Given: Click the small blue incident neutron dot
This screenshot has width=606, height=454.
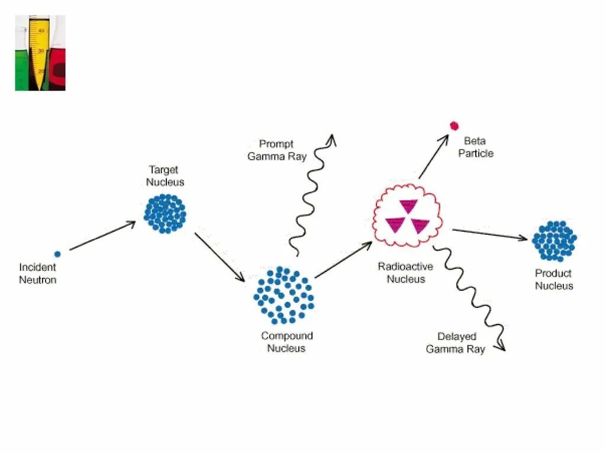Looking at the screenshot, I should pos(57,254).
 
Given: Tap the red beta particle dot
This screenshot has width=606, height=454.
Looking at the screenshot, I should pos(454,125).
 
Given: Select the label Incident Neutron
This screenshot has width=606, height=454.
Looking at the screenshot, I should pos(37,274).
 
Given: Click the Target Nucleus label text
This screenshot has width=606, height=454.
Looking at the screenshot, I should pos(165,176).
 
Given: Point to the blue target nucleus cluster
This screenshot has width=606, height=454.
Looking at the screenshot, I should pos(165,213).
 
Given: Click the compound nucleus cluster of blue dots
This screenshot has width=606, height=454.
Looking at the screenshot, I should pos(284,295).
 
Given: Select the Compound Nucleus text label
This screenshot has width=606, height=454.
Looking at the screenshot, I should pos(287,342).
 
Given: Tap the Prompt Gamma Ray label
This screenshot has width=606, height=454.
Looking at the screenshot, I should pos(276,151).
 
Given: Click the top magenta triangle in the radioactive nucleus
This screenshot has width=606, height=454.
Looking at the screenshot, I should pos(408,206).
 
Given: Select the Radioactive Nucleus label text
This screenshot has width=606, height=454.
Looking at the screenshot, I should pos(405,273).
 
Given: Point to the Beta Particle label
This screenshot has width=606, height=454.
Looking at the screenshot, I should pos(475,148).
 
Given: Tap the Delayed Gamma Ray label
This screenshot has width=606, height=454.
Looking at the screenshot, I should pos(456,343).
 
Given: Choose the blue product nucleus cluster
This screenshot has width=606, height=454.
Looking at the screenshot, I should pos(554,241).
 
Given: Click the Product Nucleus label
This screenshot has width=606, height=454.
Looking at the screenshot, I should pos(554,280).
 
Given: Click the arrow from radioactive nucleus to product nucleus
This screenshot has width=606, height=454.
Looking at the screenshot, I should pos(489,234).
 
